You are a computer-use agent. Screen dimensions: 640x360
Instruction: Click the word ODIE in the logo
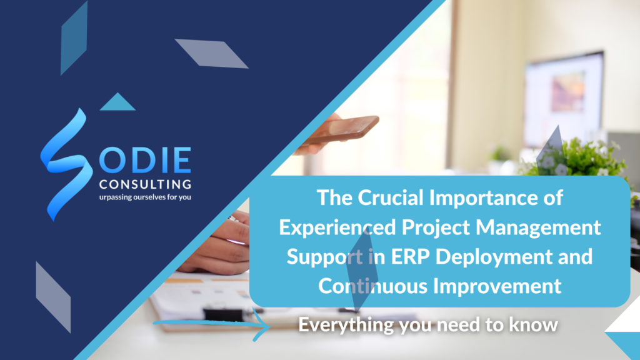click(145, 160)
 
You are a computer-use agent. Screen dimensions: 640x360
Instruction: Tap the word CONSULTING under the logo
click(145, 184)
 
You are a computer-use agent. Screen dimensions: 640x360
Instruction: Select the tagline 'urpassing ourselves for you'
click(145, 197)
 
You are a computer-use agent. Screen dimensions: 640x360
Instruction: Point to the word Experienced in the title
click(337, 227)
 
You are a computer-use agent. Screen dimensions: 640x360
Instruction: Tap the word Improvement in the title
click(497, 286)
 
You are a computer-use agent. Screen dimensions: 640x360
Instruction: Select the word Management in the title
click(538, 227)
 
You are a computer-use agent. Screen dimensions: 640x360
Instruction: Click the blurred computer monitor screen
click(564, 98)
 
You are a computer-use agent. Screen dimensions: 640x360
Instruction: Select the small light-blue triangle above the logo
click(117, 102)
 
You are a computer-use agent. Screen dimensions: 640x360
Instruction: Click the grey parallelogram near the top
click(211, 54)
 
